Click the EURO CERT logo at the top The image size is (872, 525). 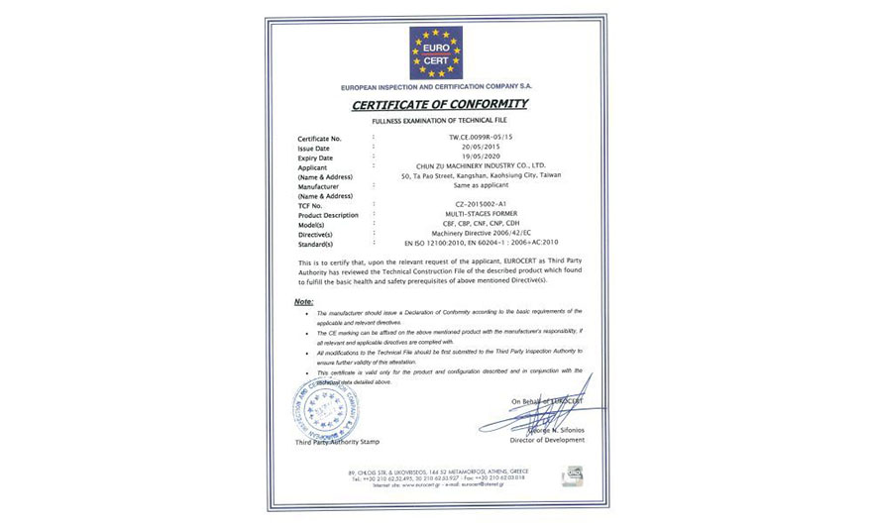pyautogui.click(x=436, y=52)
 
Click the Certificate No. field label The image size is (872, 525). pyautogui.click(x=320, y=139)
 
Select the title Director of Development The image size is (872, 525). pyautogui.click(x=548, y=440)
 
